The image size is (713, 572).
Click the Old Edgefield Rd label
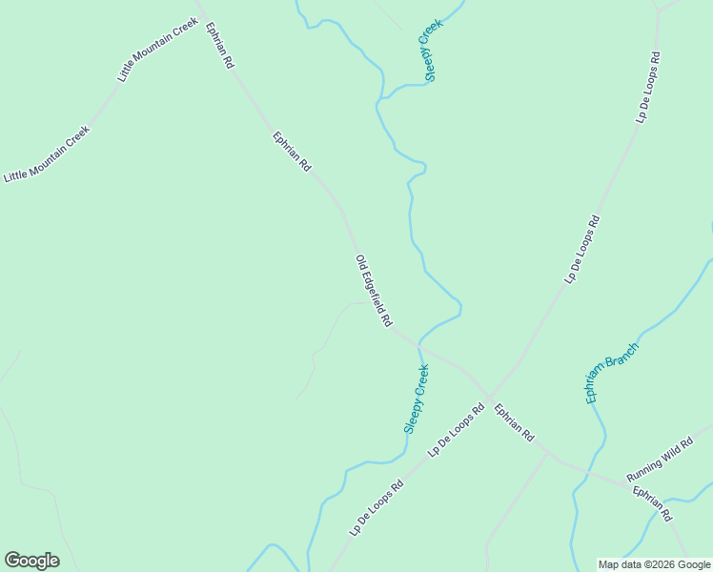[x=374, y=292]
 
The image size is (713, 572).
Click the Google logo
[x=31, y=561]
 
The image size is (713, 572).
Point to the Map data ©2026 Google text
[x=654, y=564]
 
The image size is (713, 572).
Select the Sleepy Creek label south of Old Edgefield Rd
[x=417, y=399]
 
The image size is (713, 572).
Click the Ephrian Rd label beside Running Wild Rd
[x=653, y=503]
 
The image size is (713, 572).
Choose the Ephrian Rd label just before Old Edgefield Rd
[x=293, y=152]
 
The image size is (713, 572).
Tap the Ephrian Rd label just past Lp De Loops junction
[x=514, y=422]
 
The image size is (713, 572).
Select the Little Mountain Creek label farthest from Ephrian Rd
[x=47, y=153]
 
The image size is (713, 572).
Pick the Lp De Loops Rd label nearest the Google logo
[x=376, y=508]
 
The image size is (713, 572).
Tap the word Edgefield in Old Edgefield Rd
[x=376, y=294]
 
